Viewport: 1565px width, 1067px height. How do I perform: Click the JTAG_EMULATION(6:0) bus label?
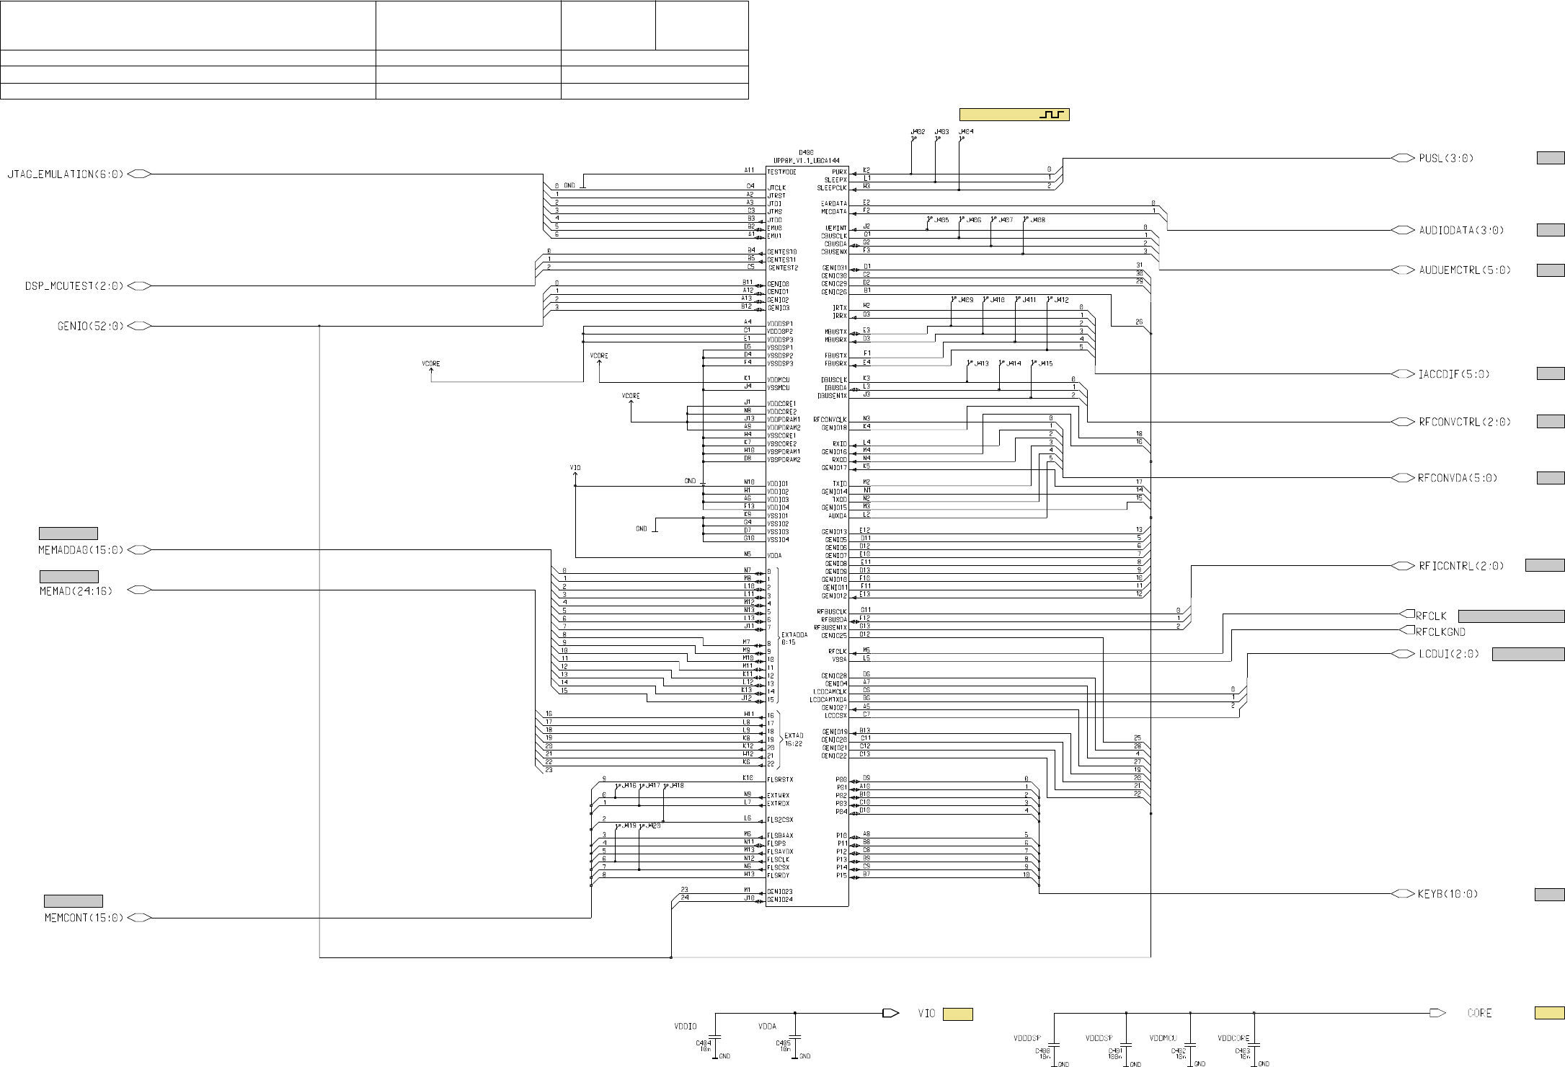click(x=66, y=174)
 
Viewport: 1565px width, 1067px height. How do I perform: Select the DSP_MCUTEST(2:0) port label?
click(x=74, y=286)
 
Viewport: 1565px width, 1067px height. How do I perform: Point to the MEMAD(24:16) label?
click(x=76, y=590)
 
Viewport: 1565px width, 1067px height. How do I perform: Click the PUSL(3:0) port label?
click(x=1446, y=158)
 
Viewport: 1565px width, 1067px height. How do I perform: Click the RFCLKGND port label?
click(x=1440, y=632)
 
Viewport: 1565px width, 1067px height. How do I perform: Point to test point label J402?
click(x=918, y=133)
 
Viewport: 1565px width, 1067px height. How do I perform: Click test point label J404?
click(x=966, y=133)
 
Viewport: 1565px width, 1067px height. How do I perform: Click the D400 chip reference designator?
click(x=806, y=153)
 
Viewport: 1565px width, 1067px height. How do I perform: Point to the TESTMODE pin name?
click(x=781, y=172)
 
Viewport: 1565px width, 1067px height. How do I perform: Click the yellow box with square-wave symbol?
click(x=1014, y=115)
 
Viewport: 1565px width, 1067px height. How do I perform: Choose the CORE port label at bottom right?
click(x=1479, y=1013)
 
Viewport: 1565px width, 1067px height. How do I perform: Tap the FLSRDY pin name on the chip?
click(x=779, y=875)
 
